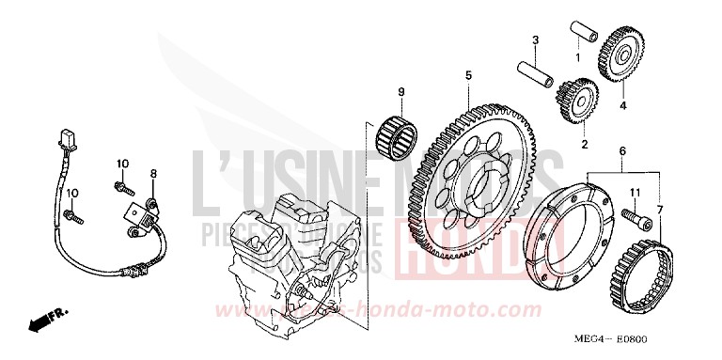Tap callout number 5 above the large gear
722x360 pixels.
[x=466, y=74]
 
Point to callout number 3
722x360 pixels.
[x=535, y=40]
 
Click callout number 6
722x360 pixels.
[x=622, y=151]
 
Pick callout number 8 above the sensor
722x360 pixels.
[x=154, y=174]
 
